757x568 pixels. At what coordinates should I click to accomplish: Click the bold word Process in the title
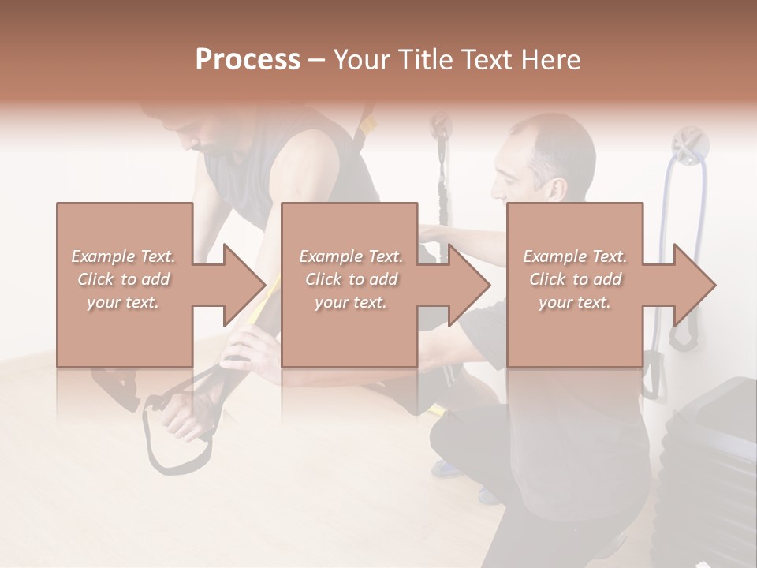[248, 60]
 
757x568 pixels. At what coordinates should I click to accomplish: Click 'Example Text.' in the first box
[124, 256]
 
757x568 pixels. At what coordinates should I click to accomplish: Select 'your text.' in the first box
[124, 302]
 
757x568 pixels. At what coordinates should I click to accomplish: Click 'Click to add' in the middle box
[351, 279]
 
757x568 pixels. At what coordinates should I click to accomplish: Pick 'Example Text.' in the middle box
[351, 256]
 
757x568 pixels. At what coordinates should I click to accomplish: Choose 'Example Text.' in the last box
[575, 256]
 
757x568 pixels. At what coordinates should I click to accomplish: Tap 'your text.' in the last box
[575, 302]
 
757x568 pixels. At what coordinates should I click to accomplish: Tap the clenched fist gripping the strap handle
[183, 417]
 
